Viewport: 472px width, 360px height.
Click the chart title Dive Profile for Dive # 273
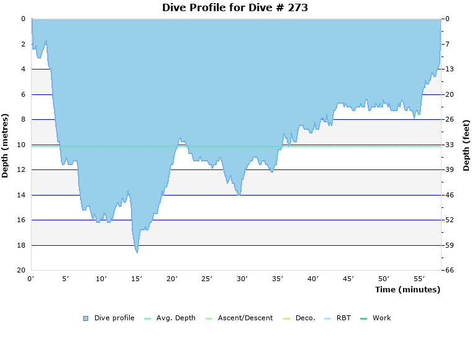click(x=235, y=7)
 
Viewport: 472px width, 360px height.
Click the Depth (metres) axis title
click(x=6, y=145)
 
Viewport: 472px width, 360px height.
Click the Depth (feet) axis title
click(x=466, y=145)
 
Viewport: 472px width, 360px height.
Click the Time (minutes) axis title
click(x=407, y=289)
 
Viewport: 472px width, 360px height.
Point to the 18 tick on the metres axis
click(x=21, y=245)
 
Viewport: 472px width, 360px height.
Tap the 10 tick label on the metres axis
click(x=21, y=145)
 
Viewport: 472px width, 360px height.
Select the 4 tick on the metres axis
click(x=23, y=69)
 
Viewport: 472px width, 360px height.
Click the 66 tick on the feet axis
click(x=449, y=271)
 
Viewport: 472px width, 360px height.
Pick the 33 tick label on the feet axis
click(x=449, y=145)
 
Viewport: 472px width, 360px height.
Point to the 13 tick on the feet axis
click(x=449, y=69)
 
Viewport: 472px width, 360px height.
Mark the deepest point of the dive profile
click(x=137, y=252)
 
